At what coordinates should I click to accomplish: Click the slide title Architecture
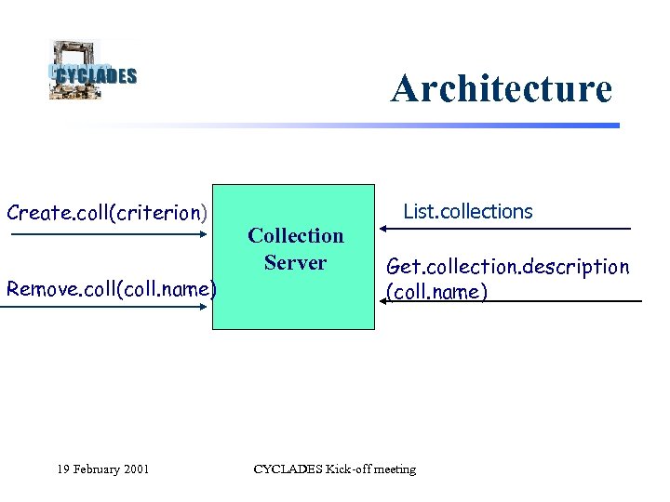coord(502,89)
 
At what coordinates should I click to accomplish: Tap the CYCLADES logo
coord(91,72)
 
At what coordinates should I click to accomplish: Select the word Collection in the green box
coord(295,236)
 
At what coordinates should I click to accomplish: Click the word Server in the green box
coord(295,263)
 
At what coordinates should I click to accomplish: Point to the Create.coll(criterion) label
coord(107,212)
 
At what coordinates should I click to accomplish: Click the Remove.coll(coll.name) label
coord(111,288)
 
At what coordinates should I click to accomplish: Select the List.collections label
coord(467,212)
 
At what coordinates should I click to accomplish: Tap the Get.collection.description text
coord(507,267)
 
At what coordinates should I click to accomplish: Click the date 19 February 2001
coord(103,469)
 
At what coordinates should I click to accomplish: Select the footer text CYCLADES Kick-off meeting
coord(335,469)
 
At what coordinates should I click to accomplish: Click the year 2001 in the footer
coord(136,469)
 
